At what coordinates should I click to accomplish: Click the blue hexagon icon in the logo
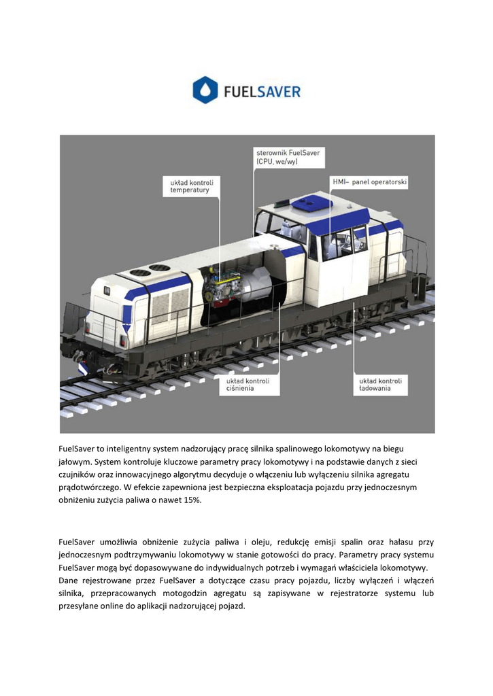tap(205, 90)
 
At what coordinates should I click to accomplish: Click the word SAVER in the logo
tap(276, 91)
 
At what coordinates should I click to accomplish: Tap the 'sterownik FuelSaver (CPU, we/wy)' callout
tap(287, 158)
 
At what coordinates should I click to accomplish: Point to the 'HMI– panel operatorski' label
tap(369, 182)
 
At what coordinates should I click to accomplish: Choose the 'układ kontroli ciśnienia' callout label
tap(248, 385)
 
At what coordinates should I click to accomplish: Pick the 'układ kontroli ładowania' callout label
tap(380, 385)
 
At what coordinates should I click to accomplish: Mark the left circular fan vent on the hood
tap(140, 272)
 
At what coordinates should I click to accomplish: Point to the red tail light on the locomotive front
tap(124, 341)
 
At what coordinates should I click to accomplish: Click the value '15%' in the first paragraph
tap(191, 500)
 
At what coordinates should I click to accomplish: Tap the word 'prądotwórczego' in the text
tap(90, 487)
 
